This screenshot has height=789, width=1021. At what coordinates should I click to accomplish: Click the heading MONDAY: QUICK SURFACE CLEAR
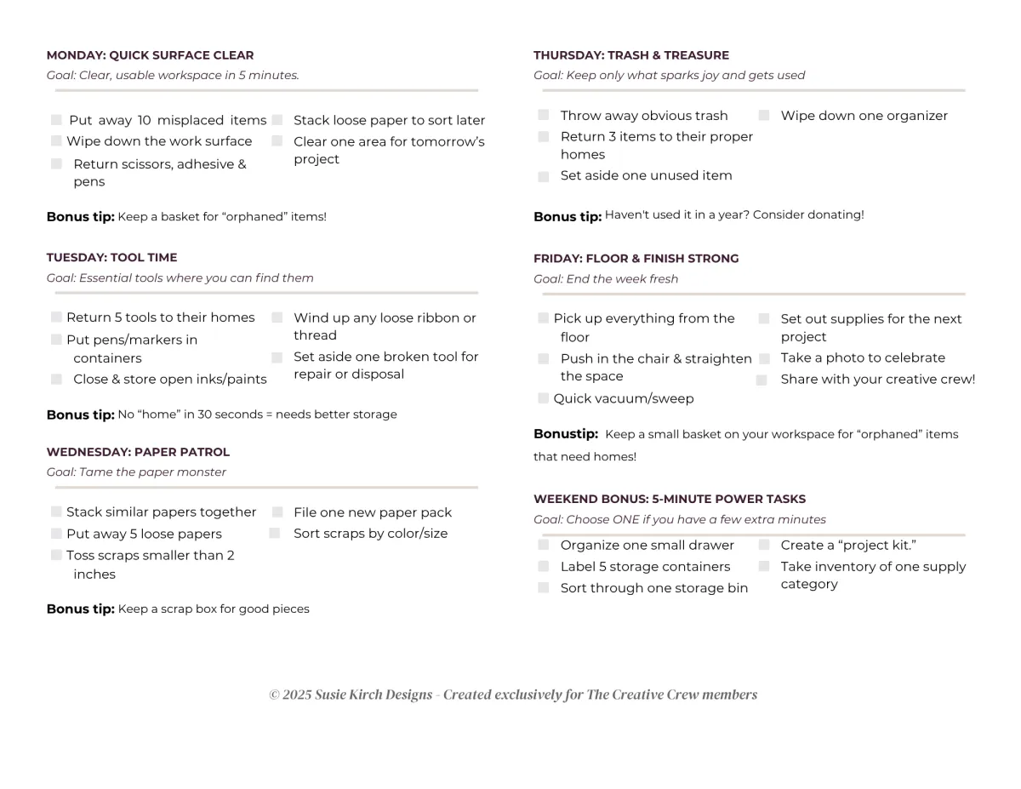(x=150, y=55)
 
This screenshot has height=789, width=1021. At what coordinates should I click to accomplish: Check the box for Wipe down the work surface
(x=56, y=141)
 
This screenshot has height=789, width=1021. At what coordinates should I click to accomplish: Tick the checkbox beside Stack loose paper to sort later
(x=277, y=120)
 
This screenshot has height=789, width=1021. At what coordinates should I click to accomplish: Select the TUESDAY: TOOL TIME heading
(x=111, y=257)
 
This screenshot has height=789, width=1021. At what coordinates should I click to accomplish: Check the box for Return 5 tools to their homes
(x=56, y=317)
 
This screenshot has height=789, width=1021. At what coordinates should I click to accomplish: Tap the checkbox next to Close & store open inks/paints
(x=56, y=380)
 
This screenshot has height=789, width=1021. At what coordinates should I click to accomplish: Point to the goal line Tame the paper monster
(x=136, y=472)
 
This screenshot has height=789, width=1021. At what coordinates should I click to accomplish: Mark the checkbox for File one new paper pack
(x=277, y=512)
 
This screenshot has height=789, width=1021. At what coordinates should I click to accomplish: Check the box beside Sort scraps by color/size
(x=275, y=534)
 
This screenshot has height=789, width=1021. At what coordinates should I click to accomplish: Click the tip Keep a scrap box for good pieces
(x=213, y=609)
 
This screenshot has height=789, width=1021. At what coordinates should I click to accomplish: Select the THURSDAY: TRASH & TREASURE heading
(x=630, y=55)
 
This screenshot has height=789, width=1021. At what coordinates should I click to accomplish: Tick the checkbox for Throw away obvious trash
(x=544, y=116)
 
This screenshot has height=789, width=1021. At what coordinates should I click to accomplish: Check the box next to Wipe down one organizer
(x=764, y=116)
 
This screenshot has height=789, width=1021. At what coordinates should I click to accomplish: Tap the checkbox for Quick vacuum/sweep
(x=543, y=398)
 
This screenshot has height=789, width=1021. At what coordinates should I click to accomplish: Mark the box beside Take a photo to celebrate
(x=764, y=358)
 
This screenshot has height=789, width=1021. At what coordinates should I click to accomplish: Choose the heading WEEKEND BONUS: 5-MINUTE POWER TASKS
(x=669, y=499)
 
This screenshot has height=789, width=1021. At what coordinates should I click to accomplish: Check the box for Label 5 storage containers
(x=544, y=567)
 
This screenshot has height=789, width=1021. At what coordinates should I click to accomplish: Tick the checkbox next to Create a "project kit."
(x=764, y=546)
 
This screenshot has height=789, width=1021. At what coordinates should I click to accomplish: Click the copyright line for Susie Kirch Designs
(x=513, y=695)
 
